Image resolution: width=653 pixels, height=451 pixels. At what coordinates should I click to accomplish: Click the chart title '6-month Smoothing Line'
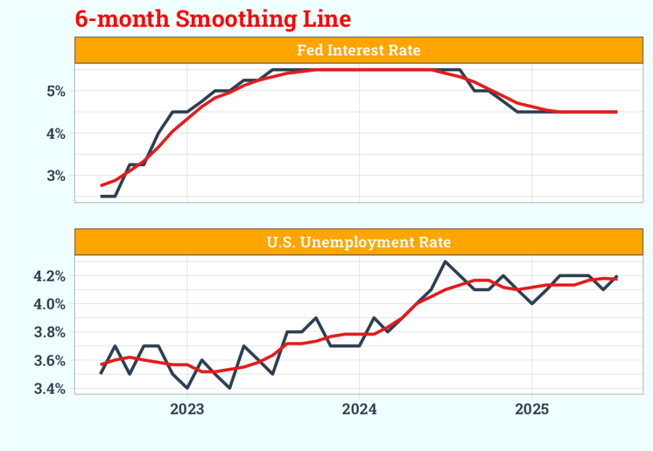pyautogui.click(x=213, y=18)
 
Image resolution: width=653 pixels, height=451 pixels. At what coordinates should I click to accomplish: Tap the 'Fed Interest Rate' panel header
pyautogui.click(x=358, y=50)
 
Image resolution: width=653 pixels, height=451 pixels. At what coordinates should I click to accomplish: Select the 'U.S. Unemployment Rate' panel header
pyautogui.click(x=358, y=242)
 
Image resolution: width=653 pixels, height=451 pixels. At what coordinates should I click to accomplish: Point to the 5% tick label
pyautogui.click(x=55, y=91)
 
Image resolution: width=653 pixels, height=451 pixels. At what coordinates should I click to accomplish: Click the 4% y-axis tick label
pyautogui.click(x=55, y=134)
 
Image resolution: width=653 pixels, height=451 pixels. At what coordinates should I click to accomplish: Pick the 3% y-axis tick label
pyautogui.click(x=55, y=176)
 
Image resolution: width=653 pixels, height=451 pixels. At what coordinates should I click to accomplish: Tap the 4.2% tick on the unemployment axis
pyautogui.click(x=50, y=276)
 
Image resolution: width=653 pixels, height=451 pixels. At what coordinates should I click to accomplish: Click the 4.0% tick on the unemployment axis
pyautogui.click(x=50, y=304)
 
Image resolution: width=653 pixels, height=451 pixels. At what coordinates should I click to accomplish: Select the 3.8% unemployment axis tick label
pyautogui.click(x=50, y=333)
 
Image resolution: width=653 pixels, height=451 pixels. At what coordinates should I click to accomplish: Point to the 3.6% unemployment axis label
pyautogui.click(x=50, y=361)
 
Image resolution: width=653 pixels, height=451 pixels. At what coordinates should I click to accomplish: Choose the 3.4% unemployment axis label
pyautogui.click(x=50, y=389)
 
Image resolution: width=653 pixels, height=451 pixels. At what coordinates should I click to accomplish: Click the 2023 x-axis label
pyautogui.click(x=187, y=410)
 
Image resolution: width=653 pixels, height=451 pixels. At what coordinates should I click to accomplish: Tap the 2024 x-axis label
pyautogui.click(x=359, y=410)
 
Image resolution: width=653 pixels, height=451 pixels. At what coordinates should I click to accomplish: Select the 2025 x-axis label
pyautogui.click(x=532, y=410)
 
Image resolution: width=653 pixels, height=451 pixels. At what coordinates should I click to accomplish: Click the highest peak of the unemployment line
pyautogui.click(x=445, y=262)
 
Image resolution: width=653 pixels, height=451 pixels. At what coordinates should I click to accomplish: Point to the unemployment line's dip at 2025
pyautogui.click(x=532, y=303)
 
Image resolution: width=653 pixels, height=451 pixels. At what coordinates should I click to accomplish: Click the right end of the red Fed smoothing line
pyautogui.click(x=616, y=111)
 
